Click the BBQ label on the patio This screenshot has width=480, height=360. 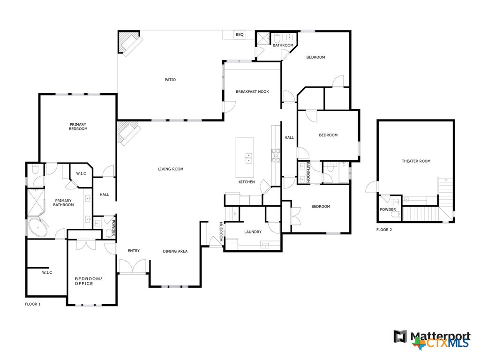click(x=240, y=35)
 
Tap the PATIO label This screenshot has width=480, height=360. click(x=170, y=80)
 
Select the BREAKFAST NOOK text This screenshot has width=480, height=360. click(x=252, y=92)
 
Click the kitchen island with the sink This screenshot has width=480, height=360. click(x=245, y=151)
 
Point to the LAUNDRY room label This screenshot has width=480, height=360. click(x=253, y=232)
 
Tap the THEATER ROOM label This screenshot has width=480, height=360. click(x=416, y=161)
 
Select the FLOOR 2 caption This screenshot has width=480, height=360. click(x=384, y=230)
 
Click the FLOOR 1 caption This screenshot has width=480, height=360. click(x=33, y=304)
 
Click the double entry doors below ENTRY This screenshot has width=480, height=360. click(x=133, y=267)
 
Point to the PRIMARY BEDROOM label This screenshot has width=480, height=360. click(x=78, y=127)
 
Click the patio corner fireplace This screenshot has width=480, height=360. click(x=129, y=43)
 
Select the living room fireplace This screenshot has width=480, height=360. click(x=127, y=133)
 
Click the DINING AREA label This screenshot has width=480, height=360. click(x=175, y=251)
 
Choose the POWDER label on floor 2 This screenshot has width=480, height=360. click(x=388, y=210)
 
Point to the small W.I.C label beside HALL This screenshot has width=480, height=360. click(x=81, y=173)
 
